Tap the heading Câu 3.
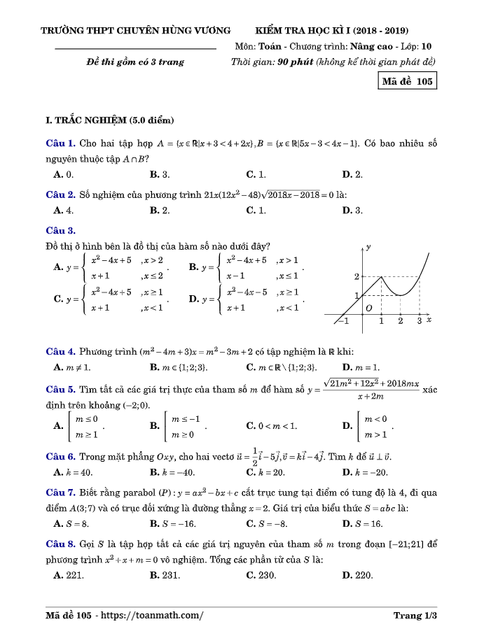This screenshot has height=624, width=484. (60, 230)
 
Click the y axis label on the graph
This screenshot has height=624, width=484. (368, 248)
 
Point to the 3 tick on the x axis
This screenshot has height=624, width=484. (419, 321)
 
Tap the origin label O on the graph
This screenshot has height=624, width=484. (369, 308)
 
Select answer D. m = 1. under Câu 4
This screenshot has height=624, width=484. (361, 367)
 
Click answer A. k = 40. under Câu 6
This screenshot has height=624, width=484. (73, 473)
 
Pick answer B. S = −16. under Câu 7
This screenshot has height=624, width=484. (173, 523)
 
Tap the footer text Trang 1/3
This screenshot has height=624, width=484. (415, 616)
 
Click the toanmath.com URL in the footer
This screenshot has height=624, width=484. (153, 616)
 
